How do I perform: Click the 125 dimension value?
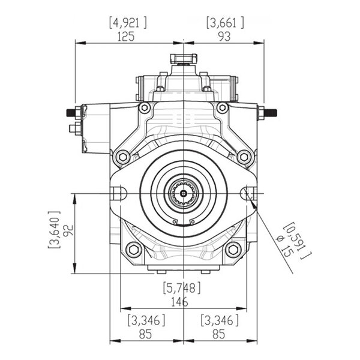pos(126,37)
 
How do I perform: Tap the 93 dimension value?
pos(224,37)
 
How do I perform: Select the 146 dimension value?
pos(179,302)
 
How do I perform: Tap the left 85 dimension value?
pos(145,334)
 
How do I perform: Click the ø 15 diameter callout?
pos(285,246)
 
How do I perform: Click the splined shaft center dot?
pos(183,194)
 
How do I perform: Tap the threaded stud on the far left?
pos(70,113)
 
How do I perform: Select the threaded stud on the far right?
pos(271,113)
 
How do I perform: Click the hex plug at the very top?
pos(184,59)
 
